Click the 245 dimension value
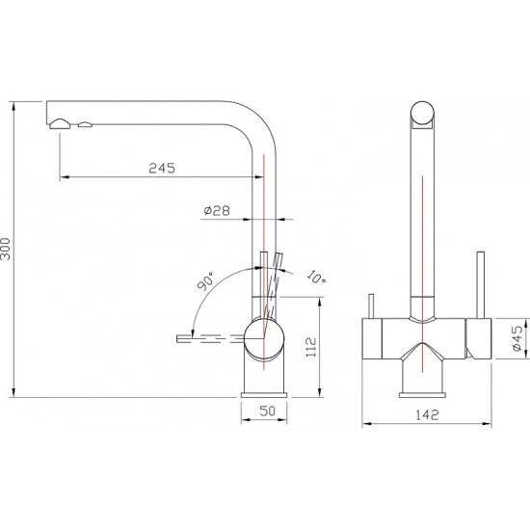[162, 168]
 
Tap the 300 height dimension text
[6, 249]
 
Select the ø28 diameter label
[217, 211]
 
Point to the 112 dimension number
[310, 347]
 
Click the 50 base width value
[267, 411]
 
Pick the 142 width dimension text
[427, 414]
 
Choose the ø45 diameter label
[517, 338]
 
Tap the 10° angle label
[316, 277]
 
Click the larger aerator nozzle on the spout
[60, 124]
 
